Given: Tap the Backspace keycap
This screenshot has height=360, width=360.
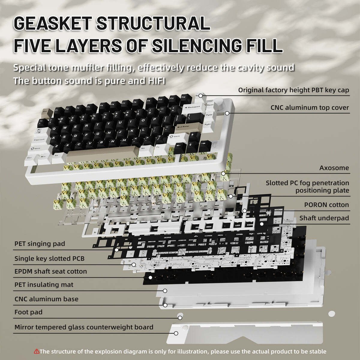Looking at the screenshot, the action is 193,108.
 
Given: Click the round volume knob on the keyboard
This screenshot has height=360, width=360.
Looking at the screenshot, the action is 220,103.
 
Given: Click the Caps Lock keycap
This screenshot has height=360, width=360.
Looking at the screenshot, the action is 39,140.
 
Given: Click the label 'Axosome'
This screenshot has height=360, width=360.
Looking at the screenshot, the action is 334,168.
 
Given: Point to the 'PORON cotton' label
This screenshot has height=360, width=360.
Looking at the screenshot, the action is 327,205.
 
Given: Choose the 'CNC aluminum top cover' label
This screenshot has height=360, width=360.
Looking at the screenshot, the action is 310,108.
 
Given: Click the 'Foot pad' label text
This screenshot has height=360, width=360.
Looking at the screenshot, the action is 28,312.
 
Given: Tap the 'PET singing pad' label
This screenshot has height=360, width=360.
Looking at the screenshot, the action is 40,244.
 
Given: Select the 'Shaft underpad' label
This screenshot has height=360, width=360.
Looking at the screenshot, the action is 324,218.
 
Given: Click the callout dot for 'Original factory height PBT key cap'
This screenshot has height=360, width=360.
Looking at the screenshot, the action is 200,96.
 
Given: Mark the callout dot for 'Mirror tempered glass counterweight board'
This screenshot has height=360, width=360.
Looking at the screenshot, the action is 176,333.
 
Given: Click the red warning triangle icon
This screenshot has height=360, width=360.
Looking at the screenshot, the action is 36,351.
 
